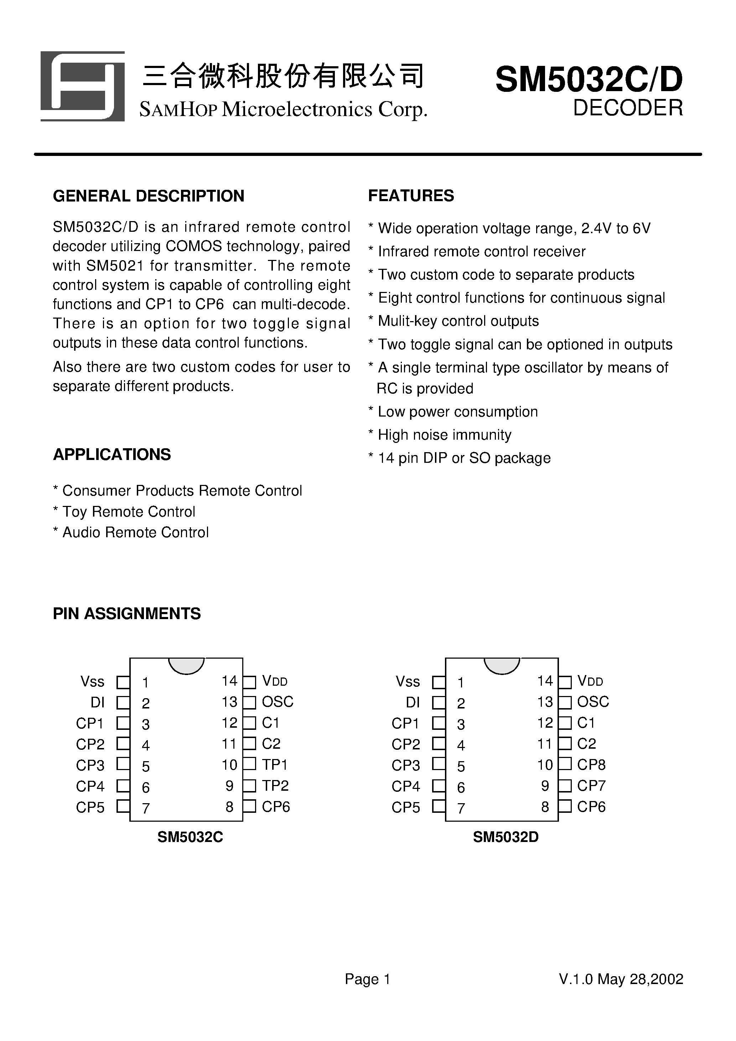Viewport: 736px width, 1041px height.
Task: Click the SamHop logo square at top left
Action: pos(83,86)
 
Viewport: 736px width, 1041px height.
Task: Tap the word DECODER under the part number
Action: pos(628,108)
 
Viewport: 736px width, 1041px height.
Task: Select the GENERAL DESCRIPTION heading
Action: pos(149,196)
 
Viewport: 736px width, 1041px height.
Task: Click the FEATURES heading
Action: pos(411,195)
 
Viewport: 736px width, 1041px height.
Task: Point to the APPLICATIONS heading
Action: pos(112,454)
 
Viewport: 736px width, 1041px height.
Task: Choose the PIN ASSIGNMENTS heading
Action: pos(126,613)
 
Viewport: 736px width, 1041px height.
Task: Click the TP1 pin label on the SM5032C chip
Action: pos(275,765)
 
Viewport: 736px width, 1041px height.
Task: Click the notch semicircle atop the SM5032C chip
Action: pos(186,665)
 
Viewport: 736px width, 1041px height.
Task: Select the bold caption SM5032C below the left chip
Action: pos(190,837)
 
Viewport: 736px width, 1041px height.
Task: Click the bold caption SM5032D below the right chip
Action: pos(506,837)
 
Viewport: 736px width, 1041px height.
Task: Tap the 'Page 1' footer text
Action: pos(368,979)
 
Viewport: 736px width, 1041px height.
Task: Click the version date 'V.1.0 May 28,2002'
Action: pos(621,979)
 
